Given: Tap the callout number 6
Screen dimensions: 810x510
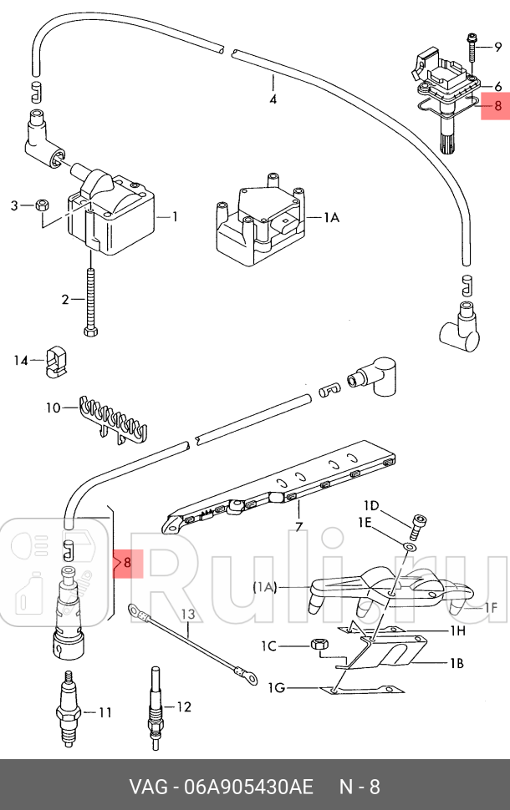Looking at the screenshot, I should [x=498, y=86].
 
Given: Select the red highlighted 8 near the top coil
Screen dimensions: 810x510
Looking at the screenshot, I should [x=497, y=106].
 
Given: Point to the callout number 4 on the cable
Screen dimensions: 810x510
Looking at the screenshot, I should [x=273, y=100].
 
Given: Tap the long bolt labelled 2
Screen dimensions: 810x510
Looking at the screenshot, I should [x=90, y=301].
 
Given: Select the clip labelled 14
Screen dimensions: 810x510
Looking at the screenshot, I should [x=56, y=360].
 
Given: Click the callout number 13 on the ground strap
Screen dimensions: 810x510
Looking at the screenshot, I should [x=189, y=615].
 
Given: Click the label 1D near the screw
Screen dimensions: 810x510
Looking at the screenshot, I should [x=370, y=506].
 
